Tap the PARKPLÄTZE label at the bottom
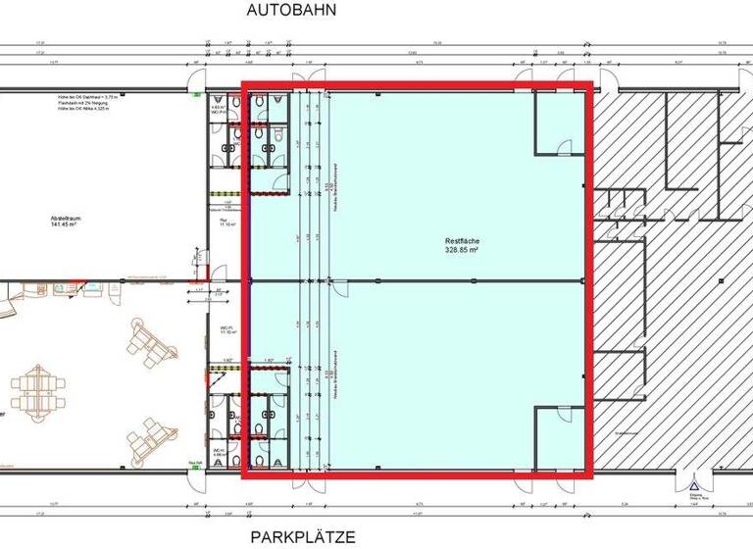click(301, 536)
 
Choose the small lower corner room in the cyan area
click(560, 437)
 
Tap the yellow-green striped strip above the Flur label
click(226, 193)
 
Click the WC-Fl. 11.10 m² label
click(225, 329)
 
